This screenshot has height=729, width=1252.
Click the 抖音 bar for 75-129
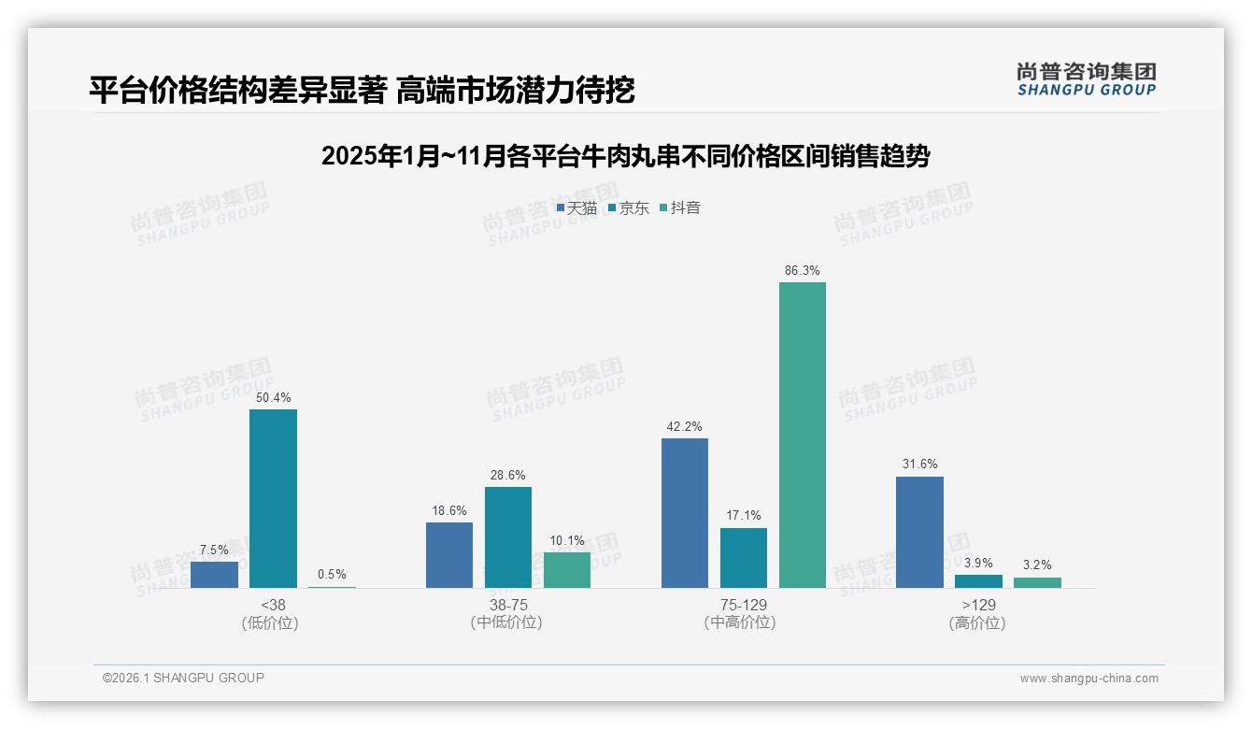tap(802, 435)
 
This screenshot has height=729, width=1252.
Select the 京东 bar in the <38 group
tap(273, 498)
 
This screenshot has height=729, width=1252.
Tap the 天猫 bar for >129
tap(919, 532)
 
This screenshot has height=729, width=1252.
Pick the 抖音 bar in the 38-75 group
tap(567, 569)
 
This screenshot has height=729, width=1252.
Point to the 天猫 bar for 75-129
tap(685, 513)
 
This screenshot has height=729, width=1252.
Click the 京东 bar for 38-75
tap(508, 537)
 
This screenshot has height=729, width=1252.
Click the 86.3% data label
tap(802, 271)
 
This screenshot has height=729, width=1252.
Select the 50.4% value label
tap(273, 398)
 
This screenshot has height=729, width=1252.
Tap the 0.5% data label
tap(332, 575)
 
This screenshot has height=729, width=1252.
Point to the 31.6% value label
tap(919, 465)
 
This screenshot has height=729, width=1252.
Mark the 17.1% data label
tap(744, 515)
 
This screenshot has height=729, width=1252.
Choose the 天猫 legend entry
tap(576, 208)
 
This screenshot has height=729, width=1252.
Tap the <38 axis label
tap(273, 605)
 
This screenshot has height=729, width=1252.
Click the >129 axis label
tap(978, 605)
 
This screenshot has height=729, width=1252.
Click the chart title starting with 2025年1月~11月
tap(625, 156)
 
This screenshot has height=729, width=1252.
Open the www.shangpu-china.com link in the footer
tap(1088, 679)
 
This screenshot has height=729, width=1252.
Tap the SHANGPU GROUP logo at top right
tap(1086, 79)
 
